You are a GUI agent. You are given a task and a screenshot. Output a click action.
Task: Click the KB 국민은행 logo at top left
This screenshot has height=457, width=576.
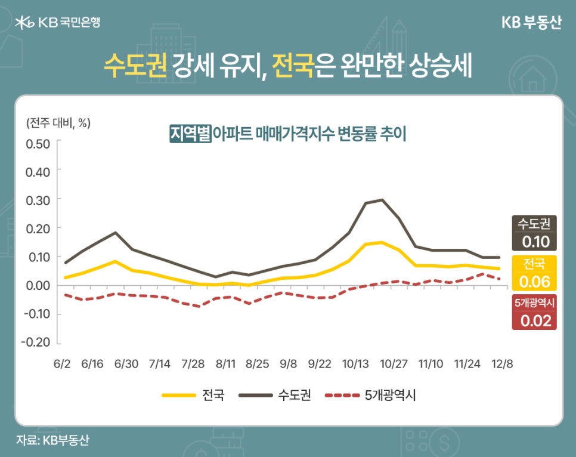(x=58, y=23)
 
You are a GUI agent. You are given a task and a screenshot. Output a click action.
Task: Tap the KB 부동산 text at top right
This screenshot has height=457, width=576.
(x=531, y=23)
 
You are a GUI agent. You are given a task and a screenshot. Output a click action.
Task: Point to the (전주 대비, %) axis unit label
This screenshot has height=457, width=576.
(x=58, y=123)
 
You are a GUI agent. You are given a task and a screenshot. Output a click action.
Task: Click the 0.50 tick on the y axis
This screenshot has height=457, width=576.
(x=38, y=144)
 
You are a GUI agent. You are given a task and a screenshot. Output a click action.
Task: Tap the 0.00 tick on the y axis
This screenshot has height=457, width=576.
(x=38, y=285)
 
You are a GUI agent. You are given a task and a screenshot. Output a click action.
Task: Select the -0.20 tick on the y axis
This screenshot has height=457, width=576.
(x=36, y=342)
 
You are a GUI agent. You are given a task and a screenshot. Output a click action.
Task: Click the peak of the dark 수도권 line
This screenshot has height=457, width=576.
(x=382, y=200)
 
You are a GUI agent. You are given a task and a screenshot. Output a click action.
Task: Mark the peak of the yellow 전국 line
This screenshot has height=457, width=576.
(x=382, y=242)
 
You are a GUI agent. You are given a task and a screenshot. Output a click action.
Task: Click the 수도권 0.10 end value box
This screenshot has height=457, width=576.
(x=534, y=233)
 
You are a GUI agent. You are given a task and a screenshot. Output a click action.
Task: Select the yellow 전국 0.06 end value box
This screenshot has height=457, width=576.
(x=534, y=273)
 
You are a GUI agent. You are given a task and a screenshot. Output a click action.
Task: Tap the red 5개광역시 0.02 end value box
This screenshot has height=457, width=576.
(x=534, y=313)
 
